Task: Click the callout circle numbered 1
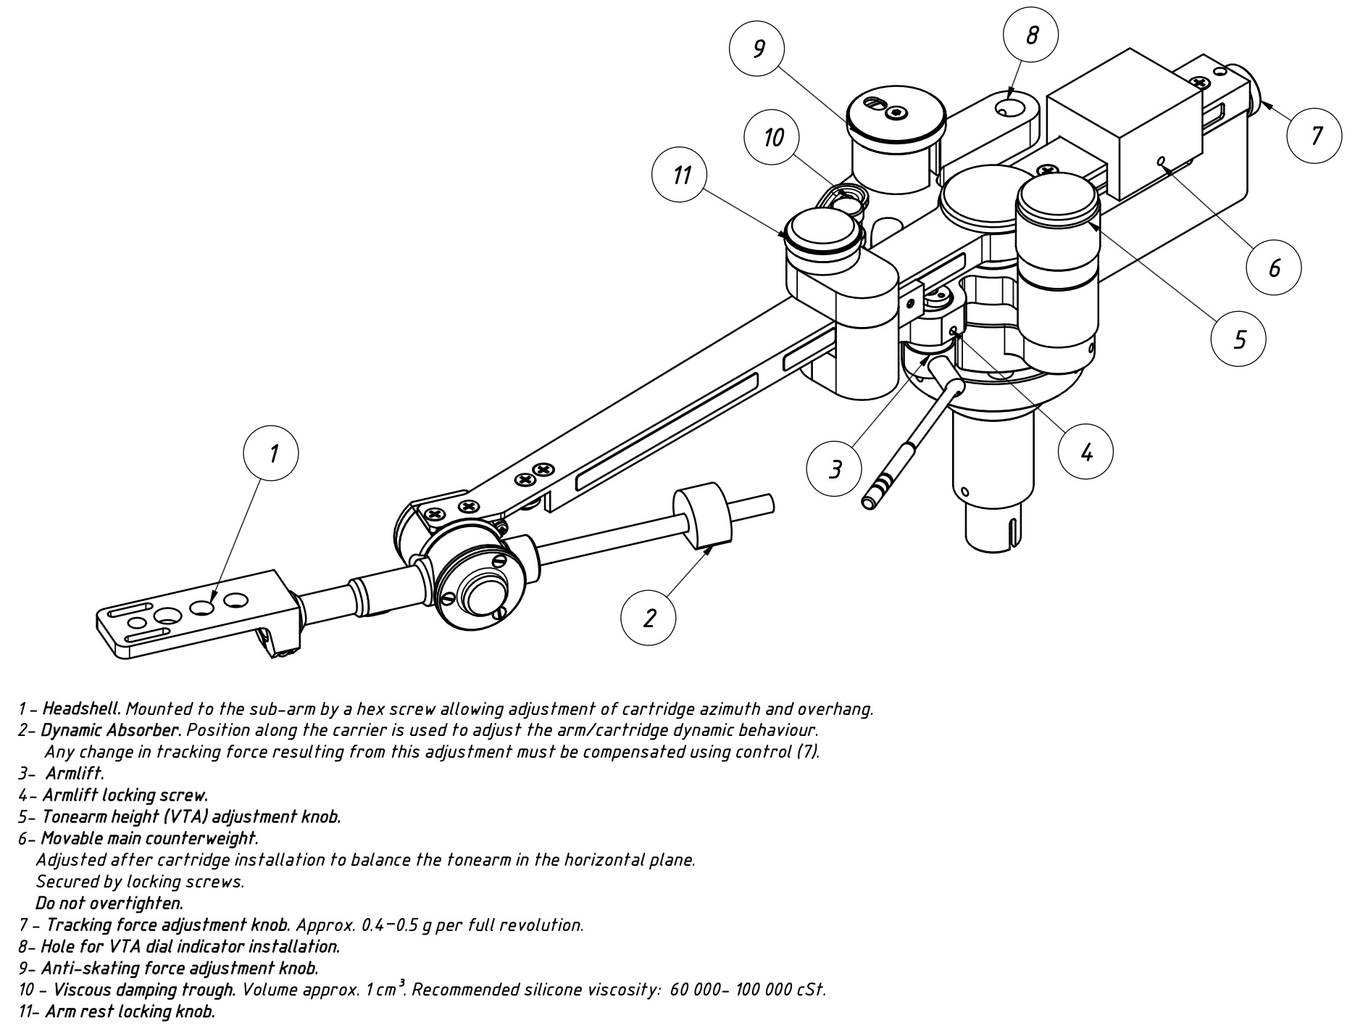[x=272, y=453]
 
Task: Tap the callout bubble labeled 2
[x=649, y=618]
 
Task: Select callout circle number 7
[x=1315, y=135]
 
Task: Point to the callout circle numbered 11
[x=680, y=175]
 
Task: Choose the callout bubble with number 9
[x=757, y=49]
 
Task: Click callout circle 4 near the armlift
[x=1085, y=451]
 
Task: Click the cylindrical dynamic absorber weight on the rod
[x=703, y=516]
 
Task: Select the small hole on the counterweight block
[x=1161, y=160]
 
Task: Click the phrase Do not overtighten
[x=109, y=903]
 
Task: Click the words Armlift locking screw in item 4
[x=125, y=795]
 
